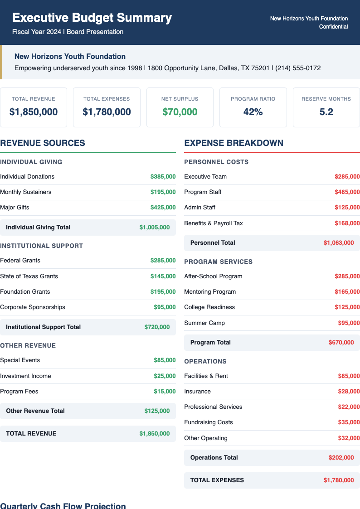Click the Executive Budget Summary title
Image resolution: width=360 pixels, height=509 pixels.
92,18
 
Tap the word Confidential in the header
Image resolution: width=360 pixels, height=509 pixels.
333,27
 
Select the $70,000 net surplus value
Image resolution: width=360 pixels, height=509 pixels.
180,111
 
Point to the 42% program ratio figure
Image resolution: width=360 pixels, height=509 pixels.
253,111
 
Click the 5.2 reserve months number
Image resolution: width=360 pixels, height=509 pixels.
326,111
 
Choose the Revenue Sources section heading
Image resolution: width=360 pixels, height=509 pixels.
43,143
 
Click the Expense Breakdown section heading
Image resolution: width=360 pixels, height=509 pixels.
234,143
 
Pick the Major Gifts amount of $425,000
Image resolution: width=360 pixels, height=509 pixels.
163,208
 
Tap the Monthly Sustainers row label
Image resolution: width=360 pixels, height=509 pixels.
26,192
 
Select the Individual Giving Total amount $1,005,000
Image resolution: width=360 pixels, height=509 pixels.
155,228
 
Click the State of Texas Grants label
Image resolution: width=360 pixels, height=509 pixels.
29,276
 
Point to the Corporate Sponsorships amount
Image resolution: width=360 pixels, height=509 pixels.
165,307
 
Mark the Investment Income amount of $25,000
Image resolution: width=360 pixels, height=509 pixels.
165,376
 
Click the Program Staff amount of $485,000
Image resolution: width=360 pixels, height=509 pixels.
347,192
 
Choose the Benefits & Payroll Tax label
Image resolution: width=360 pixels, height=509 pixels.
214,223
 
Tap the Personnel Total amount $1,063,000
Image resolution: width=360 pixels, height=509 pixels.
339,243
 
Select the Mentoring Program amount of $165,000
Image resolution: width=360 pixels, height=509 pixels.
347,292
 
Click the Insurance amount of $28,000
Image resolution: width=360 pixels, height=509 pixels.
349,392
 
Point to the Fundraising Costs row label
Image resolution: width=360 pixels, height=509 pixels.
209,422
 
